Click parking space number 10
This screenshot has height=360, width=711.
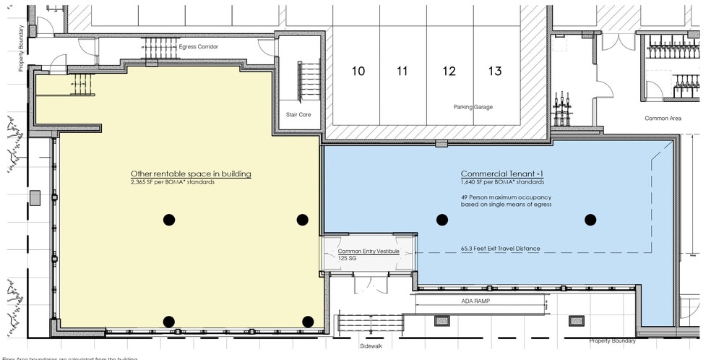click(x=358, y=71)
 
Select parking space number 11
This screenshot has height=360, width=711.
click(x=402, y=71)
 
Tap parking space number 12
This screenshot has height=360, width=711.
click(x=449, y=71)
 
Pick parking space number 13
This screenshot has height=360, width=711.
click(x=495, y=71)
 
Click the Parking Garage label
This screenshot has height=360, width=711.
click(x=473, y=107)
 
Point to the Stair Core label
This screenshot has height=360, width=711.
click(x=299, y=115)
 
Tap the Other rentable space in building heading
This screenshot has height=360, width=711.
click(x=191, y=174)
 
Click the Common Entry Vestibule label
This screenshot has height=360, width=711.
click(x=369, y=252)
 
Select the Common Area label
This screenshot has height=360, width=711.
click(x=663, y=118)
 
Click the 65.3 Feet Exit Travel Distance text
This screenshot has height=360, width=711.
click(x=500, y=249)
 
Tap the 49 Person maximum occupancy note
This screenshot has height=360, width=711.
click(x=506, y=200)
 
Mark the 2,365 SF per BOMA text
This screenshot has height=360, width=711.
click(x=173, y=182)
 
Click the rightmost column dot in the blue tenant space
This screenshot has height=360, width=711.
click(x=590, y=220)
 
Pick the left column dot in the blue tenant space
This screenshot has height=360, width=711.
click(x=441, y=220)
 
